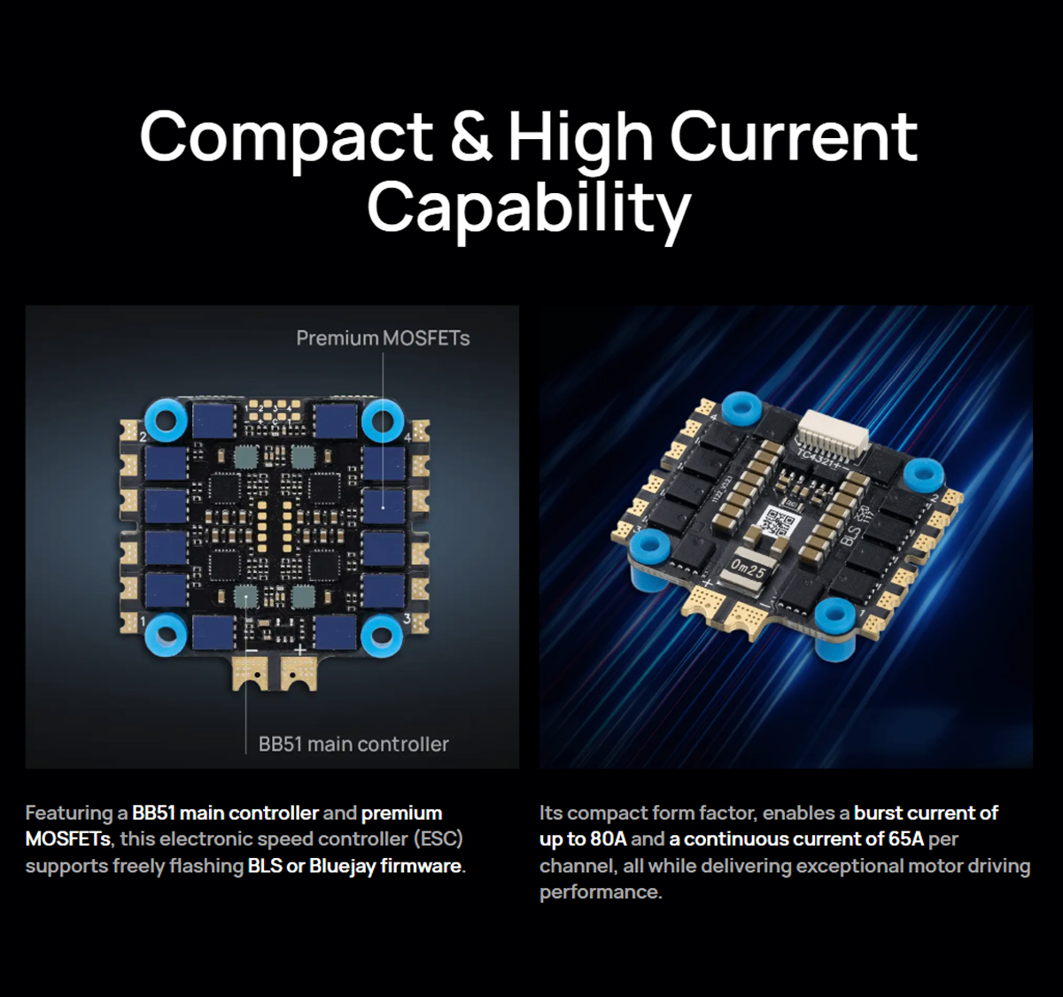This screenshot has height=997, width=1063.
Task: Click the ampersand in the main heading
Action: [x=471, y=136]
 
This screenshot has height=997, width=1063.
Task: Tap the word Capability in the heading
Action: [x=529, y=208]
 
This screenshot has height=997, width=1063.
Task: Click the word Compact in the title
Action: [x=286, y=142]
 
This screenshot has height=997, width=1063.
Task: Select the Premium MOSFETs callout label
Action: [x=383, y=338]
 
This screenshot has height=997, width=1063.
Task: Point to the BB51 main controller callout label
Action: [x=353, y=745]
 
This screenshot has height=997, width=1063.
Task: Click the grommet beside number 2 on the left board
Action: [x=166, y=421]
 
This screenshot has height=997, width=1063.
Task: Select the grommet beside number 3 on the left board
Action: [x=382, y=635]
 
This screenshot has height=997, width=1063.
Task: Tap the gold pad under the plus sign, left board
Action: [x=299, y=673]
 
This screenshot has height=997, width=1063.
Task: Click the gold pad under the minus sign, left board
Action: [x=251, y=673]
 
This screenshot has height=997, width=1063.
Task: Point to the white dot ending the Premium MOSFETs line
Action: [x=383, y=507]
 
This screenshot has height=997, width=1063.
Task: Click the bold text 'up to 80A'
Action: [x=583, y=839]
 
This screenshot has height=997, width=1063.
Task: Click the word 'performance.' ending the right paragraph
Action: [x=601, y=893]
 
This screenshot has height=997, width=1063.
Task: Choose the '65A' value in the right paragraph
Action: [x=906, y=839]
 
